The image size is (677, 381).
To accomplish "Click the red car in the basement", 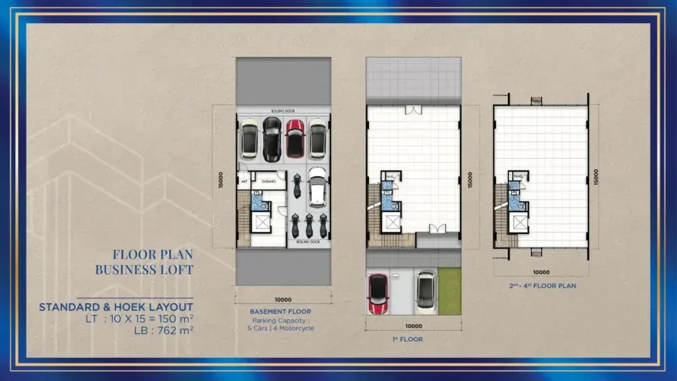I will [295, 138].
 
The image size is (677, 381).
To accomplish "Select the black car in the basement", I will [272, 139].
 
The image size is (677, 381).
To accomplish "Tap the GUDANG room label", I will [268, 179].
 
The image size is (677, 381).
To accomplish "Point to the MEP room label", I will [243, 179].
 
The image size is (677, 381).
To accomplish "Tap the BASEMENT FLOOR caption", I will [280, 312].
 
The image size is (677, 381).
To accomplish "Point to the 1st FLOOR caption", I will [412, 339].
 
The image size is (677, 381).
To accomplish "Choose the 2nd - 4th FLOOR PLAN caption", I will [541, 286].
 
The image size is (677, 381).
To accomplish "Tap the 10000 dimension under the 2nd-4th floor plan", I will [541, 271].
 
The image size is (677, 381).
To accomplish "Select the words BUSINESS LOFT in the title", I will [144, 270].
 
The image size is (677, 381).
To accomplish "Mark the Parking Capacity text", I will [280, 320].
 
